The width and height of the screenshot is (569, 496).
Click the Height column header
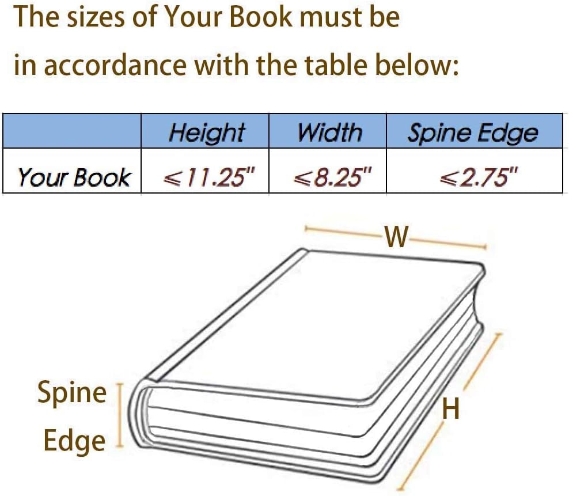[x=206, y=132]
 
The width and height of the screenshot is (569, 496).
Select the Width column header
[x=329, y=132]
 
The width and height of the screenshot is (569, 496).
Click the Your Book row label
[x=73, y=177]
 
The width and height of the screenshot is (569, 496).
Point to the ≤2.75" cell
[x=473, y=177]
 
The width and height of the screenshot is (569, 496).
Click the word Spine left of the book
[x=72, y=393]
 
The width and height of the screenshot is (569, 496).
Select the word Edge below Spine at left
[x=74, y=441]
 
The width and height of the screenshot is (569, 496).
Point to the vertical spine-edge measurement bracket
[x=120, y=415]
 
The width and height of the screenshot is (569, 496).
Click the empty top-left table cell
[x=72, y=131]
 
